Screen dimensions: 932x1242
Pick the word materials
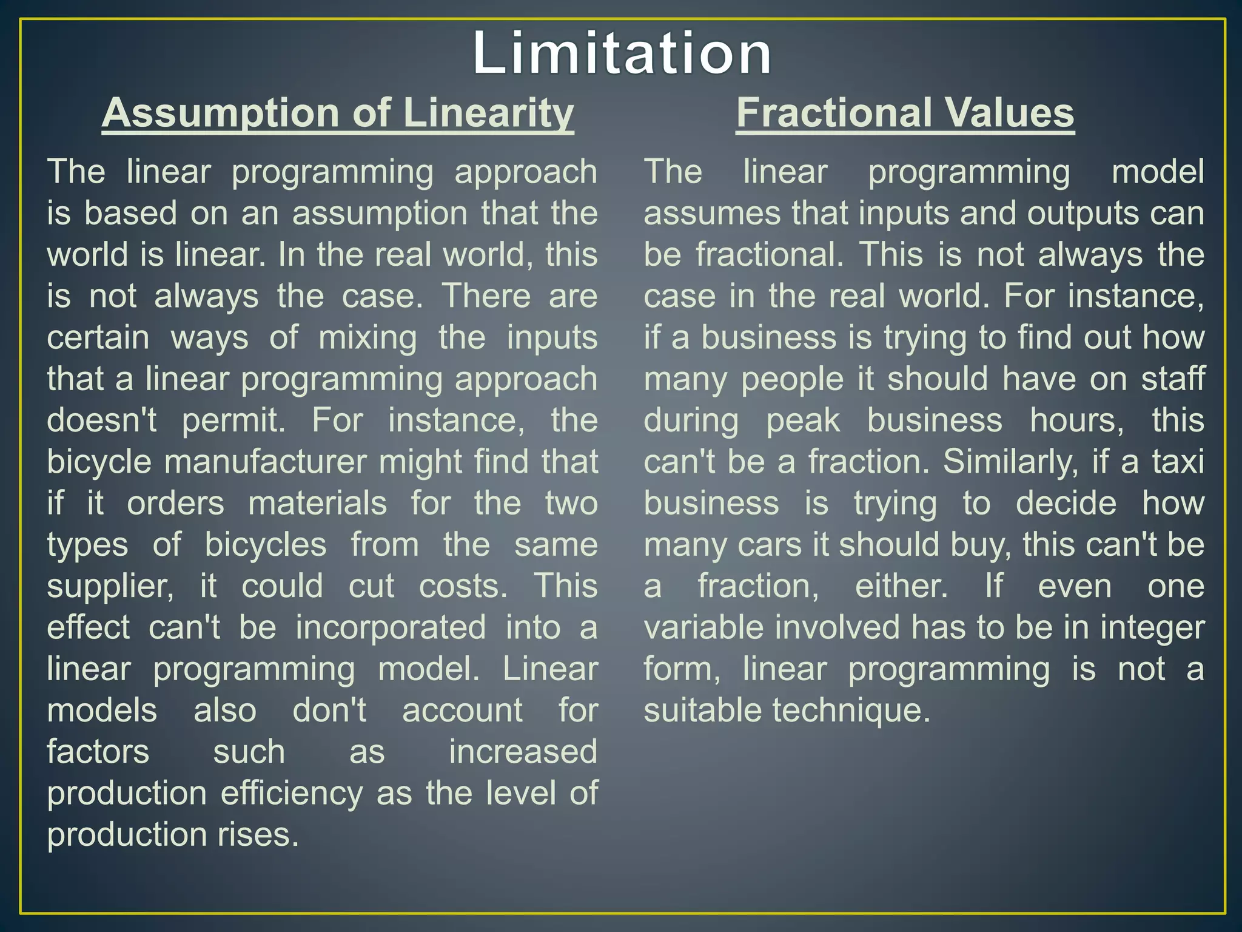click(x=317, y=504)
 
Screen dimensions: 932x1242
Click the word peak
click(x=803, y=420)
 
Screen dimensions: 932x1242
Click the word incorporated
click(x=391, y=628)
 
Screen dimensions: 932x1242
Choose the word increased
click(x=523, y=752)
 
